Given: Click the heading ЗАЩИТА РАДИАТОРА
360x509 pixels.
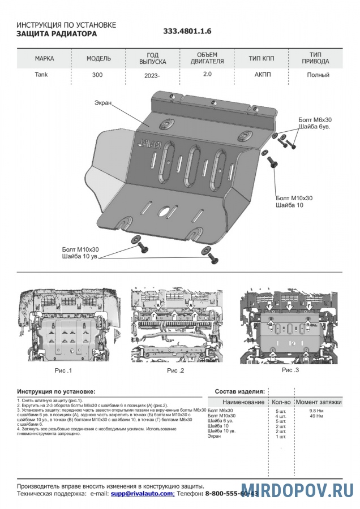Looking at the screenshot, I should point(57,34).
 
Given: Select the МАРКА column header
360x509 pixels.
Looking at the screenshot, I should point(45,59).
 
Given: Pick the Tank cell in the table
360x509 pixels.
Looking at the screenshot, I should point(42,75).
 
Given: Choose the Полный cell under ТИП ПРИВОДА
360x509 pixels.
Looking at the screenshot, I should point(318,75).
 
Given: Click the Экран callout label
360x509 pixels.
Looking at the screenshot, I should point(104,102).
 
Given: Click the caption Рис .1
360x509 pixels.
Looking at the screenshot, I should point(63,370).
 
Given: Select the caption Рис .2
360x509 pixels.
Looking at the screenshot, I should point(175,370).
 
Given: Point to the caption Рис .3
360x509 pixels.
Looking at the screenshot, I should point(290,369).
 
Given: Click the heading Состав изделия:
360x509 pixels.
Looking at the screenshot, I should point(239,391).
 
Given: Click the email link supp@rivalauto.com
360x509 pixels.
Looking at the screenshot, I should point(142,494).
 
